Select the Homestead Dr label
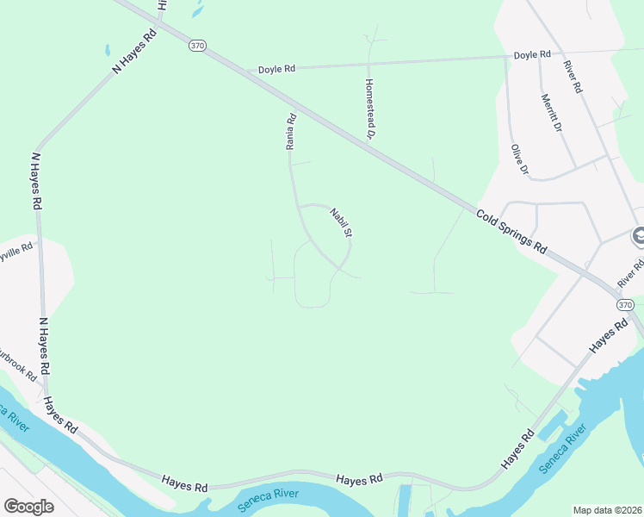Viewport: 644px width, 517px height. (x=369, y=109)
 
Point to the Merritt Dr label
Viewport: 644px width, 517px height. (x=552, y=112)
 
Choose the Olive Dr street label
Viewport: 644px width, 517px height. (x=518, y=159)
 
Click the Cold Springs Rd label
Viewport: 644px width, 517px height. (x=511, y=230)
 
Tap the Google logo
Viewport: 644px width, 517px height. (x=28, y=507)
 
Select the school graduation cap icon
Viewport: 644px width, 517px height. (x=638, y=234)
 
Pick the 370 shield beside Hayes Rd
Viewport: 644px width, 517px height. (x=626, y=305)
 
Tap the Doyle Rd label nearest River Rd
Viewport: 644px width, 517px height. (x=531, y=54)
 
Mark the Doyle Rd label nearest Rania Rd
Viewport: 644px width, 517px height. (x=276, y=68)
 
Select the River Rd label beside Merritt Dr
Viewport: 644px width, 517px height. (x=573, y=77)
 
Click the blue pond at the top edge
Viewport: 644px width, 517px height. (x=198, y=10)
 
